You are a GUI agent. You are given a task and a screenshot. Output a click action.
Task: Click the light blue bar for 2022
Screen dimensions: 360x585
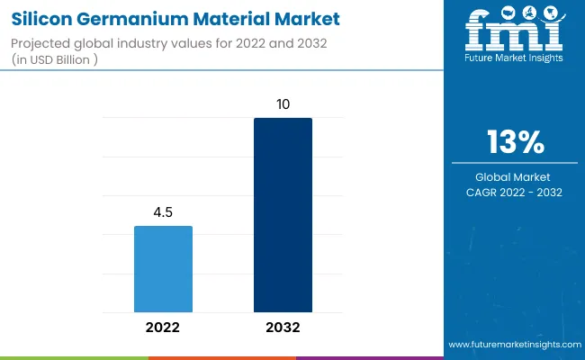(163, 268)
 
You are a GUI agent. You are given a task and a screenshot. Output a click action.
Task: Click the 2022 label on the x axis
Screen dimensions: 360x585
(163, 328)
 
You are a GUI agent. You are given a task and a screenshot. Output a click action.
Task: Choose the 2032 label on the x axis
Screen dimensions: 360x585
(283, 328)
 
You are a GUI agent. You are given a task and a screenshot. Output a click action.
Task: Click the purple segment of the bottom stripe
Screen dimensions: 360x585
(369, 357)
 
